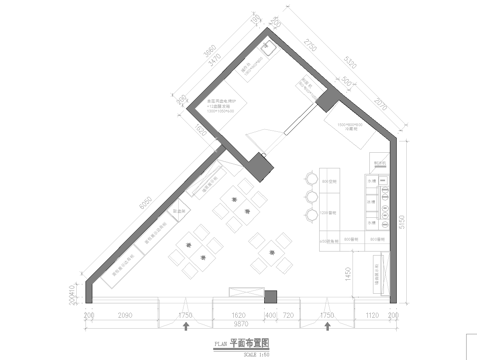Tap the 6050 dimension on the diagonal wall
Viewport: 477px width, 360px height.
coord(147,199)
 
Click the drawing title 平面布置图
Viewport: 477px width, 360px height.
coord(251,341)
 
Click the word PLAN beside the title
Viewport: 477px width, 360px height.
coord(221,343)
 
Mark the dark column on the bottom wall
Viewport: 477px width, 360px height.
coord(269,296)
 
